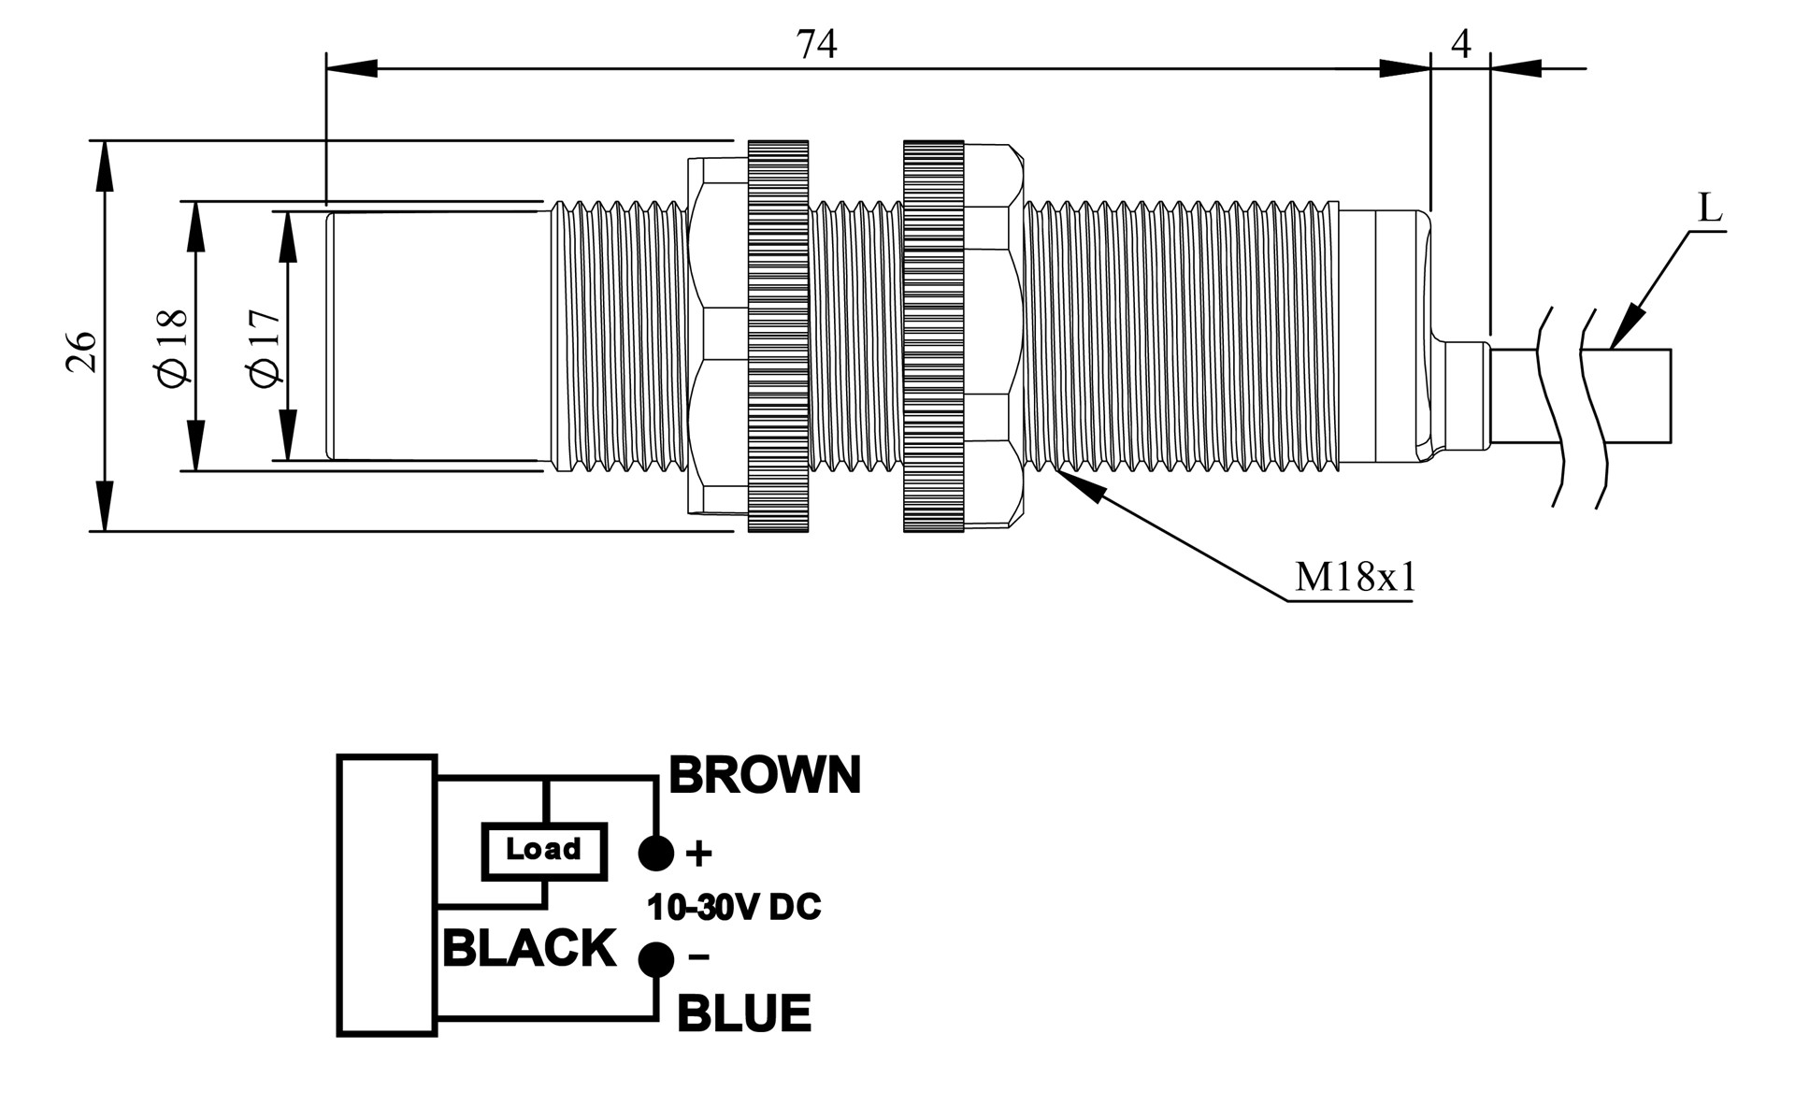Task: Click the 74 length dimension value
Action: point(816,45)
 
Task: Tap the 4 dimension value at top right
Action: point(1461,44)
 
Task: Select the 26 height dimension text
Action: point(82,351)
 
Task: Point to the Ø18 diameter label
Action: point(174,347)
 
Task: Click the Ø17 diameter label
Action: point(265,346)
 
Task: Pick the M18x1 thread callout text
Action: point(1355,578)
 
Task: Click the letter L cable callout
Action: point(1709,208)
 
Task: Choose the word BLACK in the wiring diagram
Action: point(529,949)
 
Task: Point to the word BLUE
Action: point(743,1014)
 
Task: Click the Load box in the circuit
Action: point(544,851)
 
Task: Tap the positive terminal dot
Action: point(656,853)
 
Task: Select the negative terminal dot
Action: point(656,959)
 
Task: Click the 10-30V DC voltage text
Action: point(734,907)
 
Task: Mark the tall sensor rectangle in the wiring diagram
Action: point(387,895)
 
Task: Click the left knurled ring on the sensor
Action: point(778,337)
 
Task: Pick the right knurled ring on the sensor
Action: point(933,337)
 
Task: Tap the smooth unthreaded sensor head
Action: point(435,337)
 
